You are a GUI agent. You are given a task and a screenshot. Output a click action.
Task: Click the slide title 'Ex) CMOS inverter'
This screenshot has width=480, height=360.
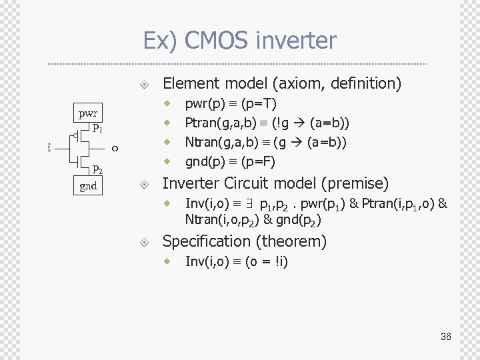[239, 41]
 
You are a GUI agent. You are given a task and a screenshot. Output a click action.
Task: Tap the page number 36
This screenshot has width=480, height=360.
[445, 337]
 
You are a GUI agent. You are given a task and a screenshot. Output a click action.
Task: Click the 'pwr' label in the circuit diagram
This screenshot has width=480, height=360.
[87, 113]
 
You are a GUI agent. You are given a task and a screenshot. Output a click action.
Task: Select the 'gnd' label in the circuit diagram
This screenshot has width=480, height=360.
[88, 186]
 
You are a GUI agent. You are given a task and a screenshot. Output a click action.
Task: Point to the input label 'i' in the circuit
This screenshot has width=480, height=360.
[50, 148]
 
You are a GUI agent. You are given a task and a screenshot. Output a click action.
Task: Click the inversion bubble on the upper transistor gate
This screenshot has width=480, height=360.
[75, 137]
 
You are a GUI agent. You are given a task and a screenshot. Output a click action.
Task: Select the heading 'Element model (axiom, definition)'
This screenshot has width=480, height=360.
[281, 83]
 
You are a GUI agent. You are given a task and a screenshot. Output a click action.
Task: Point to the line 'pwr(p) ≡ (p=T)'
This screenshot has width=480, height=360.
[231, 104]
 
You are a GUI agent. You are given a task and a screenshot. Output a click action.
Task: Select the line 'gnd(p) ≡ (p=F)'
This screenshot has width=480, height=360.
[230, 161]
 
